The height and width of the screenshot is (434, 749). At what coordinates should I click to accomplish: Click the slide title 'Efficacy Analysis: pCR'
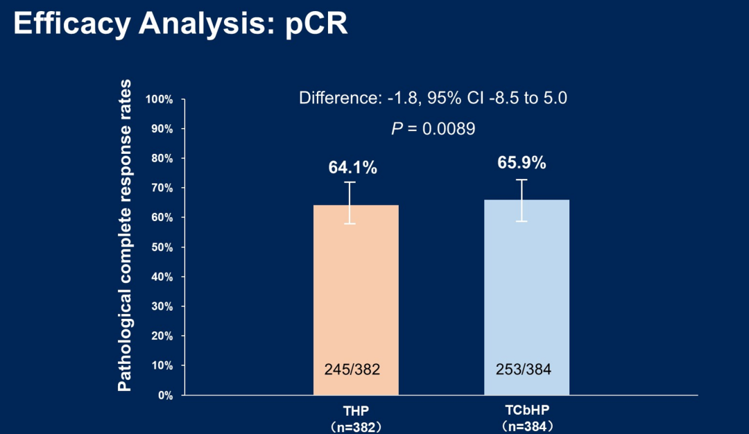coord(180,24)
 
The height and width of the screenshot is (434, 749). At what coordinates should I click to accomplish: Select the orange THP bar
coord(356,291)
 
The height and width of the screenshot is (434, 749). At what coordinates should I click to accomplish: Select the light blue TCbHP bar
coord(526,291)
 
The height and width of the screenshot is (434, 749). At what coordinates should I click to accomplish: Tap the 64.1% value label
coord(352,168)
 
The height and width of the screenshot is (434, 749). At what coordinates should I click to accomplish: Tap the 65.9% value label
coord(522,164)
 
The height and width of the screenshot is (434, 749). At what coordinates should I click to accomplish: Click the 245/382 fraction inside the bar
coord(352,370)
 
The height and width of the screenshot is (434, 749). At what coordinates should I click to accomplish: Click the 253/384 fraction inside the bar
coord(524,370)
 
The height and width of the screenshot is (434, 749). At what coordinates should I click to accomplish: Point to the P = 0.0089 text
coord(433,129)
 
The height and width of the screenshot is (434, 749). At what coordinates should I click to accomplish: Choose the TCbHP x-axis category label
coord(526,410)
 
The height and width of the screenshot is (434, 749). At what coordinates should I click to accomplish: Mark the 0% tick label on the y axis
coord(164,395)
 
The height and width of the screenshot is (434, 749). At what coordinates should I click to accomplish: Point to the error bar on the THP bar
coord(351,202)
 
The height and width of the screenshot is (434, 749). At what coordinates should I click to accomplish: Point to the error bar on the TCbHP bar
coord(522,200)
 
